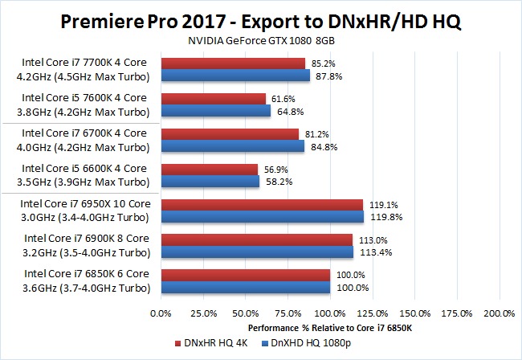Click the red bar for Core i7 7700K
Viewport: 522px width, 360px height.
233,63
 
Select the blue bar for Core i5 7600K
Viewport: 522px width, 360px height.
215,110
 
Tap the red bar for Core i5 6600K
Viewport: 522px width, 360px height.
209,169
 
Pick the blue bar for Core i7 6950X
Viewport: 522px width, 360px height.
262,216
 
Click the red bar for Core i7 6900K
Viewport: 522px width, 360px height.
257,239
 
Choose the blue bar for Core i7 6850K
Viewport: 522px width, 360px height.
246,287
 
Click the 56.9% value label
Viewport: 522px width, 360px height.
274,169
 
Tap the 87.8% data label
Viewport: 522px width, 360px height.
324,76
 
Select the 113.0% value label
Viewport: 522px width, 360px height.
368,239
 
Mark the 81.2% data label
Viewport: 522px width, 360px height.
313,133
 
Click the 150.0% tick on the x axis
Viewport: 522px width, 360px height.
414,313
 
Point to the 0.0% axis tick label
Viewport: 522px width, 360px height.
161,313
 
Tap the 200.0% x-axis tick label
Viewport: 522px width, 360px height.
499,313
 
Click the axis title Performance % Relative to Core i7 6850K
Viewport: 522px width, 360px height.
330,328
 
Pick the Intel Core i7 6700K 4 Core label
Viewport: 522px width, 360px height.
84,133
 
